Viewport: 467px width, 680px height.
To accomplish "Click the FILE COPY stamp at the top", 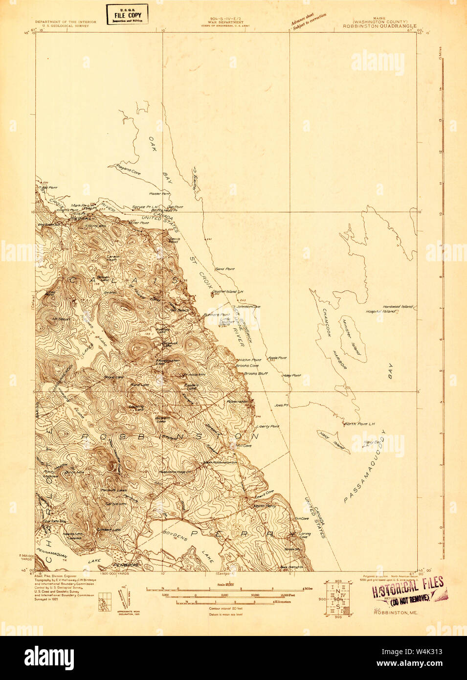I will click(127, 15).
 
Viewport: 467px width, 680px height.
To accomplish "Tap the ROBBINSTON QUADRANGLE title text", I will click(379, 25).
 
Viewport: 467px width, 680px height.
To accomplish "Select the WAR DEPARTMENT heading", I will click(225, 22).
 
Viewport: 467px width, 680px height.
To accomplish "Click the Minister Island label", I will click(352, 338).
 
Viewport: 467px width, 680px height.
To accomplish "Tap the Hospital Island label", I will click(381, 311).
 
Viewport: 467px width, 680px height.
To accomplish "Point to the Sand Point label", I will click(225, 269).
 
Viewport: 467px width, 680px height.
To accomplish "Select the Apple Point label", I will click(277, 358).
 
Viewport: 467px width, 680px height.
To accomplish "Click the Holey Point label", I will click(291, 375).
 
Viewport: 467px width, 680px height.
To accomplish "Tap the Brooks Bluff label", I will click(256, 373).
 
